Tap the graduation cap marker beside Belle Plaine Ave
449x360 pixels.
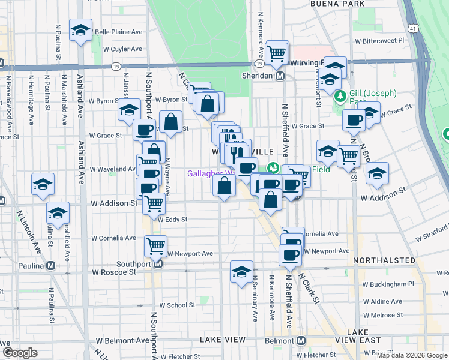(x=80, y=31)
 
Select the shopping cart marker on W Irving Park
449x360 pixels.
(x=277, y=53)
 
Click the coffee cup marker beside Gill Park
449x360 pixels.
(x=354, y=121)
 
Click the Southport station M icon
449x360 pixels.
(x=158, y=264)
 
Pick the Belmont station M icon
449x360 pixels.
(x=301, y=340)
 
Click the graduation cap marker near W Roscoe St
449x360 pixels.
(x=241, y=272)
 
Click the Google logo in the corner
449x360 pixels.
(x=20, y=353)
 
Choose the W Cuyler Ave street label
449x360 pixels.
(x=122, y=49)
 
